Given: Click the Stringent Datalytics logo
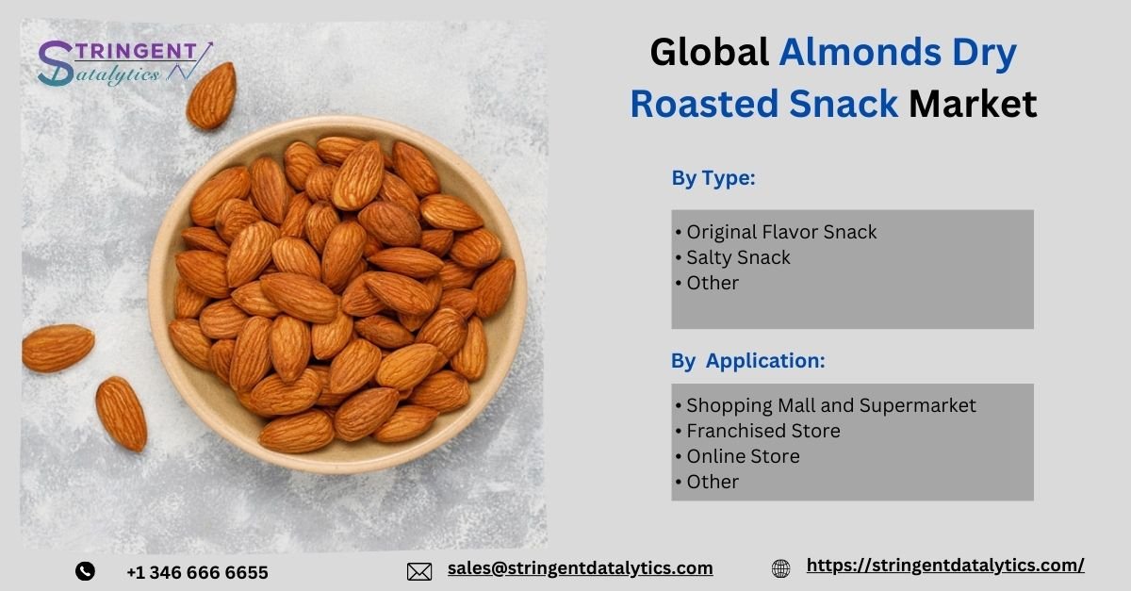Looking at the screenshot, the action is tap(125, 63).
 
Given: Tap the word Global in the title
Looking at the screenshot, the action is tap(710, 52).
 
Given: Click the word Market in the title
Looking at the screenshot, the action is tap(973, 104).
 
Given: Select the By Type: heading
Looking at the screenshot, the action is tap(713, 178).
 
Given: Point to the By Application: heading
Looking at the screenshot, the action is tap(747, 361).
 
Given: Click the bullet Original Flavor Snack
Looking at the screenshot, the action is tap(776, 232).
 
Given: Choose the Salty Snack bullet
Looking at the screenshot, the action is tap(732, 257).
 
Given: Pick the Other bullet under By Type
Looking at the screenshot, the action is tap(707, 283).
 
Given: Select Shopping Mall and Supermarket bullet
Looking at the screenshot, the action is tap(826, 405).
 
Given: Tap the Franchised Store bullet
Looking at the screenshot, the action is tap(758, 431).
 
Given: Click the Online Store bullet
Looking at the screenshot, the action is tap(737, 456).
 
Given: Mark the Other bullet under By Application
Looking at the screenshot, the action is tap(707, 482).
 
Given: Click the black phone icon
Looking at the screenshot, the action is tap(85, 571).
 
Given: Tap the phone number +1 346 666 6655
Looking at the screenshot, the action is tap(197, 572).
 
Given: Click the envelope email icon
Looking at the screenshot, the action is tap(419, 572).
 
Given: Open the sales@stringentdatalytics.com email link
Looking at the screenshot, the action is tap(581, 568).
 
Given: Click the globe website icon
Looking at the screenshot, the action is tap(780, 568).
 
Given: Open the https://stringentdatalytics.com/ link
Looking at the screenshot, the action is tap(945, 566).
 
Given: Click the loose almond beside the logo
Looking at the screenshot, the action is tap(211, 95).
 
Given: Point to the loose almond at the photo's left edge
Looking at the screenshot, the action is tap(57, 348).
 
